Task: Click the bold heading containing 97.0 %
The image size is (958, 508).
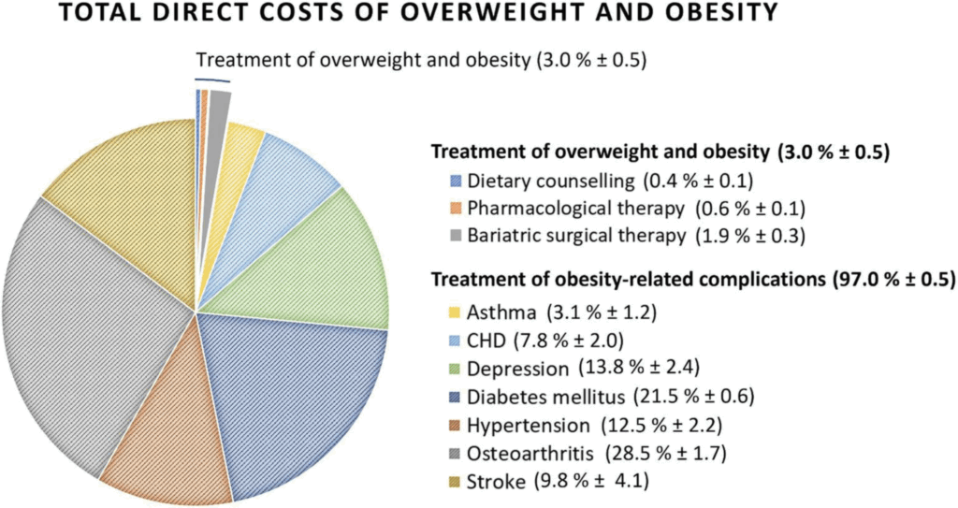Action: (692, 280)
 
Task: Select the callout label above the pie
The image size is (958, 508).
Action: (421, 61)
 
